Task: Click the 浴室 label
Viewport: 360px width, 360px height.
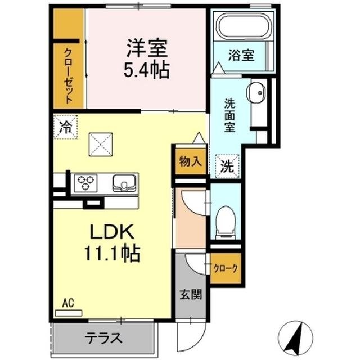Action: coord(242,56)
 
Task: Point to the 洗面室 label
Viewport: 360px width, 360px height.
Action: coord(231,115)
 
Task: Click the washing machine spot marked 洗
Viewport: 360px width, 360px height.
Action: coord(227,166)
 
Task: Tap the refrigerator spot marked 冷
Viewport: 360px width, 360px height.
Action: coord(65,126)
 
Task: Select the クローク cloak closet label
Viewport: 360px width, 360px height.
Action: coord(226,268)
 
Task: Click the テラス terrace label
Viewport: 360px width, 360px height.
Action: coord(103,339)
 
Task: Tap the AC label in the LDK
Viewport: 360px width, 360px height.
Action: coord(68,303)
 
